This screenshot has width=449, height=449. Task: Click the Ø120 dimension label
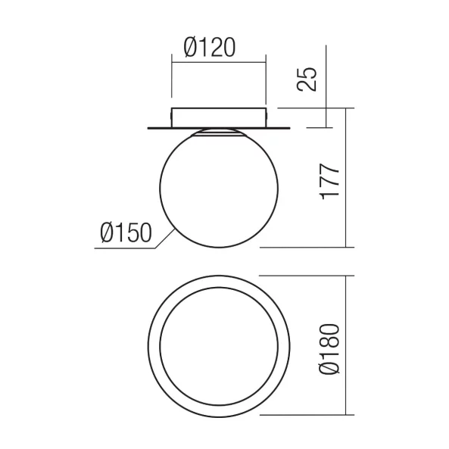point(210,47)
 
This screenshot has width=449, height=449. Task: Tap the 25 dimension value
point(307,80)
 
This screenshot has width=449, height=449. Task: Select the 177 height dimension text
point(330,182)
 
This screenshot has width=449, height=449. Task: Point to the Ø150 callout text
point(126,232)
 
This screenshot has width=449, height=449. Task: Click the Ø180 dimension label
point(329,349)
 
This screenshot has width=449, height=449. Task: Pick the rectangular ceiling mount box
point(219,117)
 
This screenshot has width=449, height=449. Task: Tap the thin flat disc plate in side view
point(219,128)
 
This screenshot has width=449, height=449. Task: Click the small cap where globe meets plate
point(219,132)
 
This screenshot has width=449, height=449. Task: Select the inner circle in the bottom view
point(160,347)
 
